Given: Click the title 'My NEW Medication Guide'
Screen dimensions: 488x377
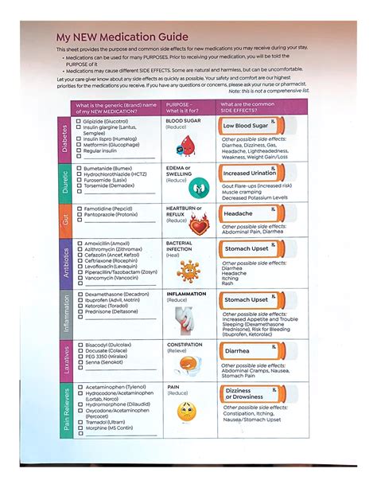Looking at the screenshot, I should [x=122, y=37].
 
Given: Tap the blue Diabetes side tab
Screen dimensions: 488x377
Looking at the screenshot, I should [x=63, y=140].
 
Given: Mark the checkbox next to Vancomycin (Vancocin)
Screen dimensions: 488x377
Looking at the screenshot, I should [x=79, y=278].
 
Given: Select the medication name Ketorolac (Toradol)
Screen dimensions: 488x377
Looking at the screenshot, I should [x=109, y=305].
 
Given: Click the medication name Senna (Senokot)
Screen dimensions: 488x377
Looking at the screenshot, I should [x=105, y=362].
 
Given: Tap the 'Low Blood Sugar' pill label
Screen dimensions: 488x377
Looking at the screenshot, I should [x=250, y=126].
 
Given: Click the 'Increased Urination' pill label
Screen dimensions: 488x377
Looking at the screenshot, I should [x=252, y=172].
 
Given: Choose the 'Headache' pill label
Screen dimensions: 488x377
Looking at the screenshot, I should [x=239, y=213].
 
